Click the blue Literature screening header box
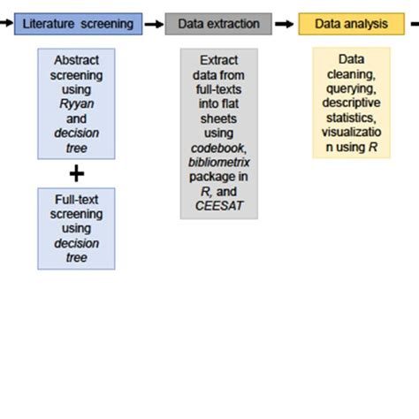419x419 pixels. [78, 24]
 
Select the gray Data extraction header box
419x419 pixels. [218, 24]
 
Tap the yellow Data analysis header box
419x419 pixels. [351, 24]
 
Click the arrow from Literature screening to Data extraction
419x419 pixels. [153, 24]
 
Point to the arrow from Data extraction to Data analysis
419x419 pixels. [285, 24]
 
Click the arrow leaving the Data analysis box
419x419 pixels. [410, 24]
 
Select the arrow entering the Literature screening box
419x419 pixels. [6, 24]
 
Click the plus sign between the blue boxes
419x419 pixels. [77, 172]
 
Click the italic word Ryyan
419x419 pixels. [77, 103]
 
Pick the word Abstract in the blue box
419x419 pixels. [77, 61]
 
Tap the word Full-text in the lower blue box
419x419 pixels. [77, 200]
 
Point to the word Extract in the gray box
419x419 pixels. [218, 61]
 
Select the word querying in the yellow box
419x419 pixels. [351, 89]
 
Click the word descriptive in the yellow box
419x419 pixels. [351, 103]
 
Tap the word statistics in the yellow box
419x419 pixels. [351, 118]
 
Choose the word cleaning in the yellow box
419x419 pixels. [351, 75]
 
